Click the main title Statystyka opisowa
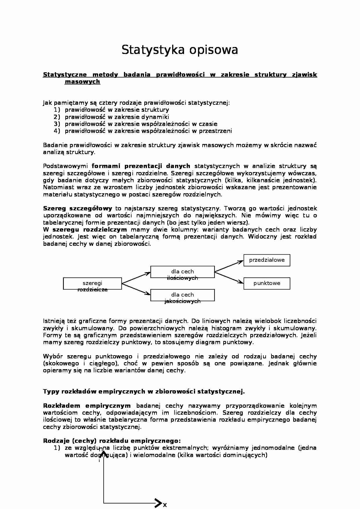click(x=180, y=50)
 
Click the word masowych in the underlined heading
click(x=82, y=82)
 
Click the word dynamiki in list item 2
click(x=155, y=117)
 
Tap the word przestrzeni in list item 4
click(x=215, y=131)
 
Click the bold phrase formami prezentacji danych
click(x=141, y=166)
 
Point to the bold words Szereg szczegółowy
click(x=78, y=208)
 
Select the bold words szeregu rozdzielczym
click(x=90, y=230)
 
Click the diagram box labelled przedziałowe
click(x=267, y=260)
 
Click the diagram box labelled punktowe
click(x=267, y=284)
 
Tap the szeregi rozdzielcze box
click(x=92, y=284)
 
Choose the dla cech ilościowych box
click(x=182, y=272)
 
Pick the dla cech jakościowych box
click(x=182, y=295)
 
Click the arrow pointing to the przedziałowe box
click(x=229, y=266)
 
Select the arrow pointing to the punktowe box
click(x=229, y=277)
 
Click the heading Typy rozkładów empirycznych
click(x=144, y=391)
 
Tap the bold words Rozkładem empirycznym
click(x=87, y=406)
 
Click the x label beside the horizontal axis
click(x=165, y=505)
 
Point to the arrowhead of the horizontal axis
click(x=159, y=503)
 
